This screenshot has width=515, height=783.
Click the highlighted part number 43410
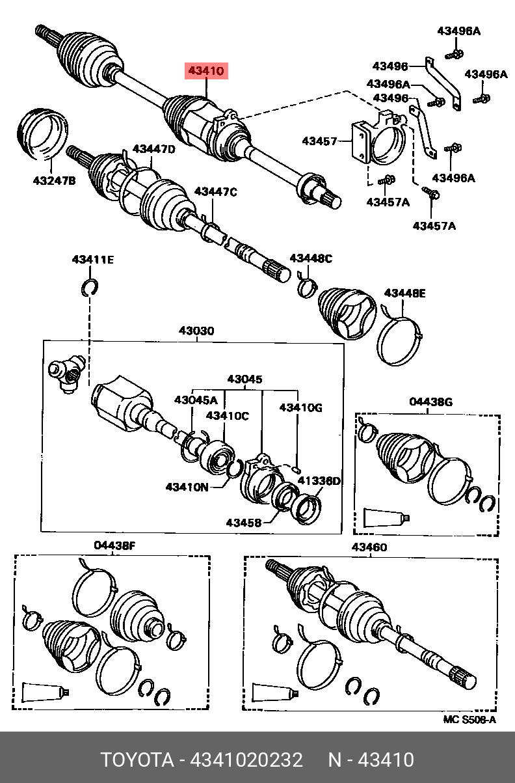[x=206, y=70]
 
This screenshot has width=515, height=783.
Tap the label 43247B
[x=55, y=180]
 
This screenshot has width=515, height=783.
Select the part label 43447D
[x=154, y=149]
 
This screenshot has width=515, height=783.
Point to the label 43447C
[x=216, y=191]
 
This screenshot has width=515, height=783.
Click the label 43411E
[x=92, y=260]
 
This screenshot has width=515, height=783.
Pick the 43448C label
[x=311, y=259]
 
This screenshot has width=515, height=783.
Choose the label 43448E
[x=404, y=294]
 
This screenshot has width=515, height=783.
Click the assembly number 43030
[x=196, y=331]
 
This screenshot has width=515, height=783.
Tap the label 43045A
[x=195, y=400]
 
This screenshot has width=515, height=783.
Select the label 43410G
[x=300, y=407]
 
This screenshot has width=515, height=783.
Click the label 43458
[x=244, y=522]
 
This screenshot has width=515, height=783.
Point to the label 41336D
[x=319, y=481]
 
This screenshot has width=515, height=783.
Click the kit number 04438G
[x=430, y=402]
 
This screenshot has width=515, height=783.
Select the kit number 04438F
[x=114, y=545]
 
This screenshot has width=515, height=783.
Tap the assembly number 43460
[x=369, y=547]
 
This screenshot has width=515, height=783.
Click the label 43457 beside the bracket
[x=319, y=141]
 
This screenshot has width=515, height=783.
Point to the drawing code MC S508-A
[x=469, y=719]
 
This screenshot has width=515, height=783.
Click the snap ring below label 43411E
[x=90, y=286]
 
